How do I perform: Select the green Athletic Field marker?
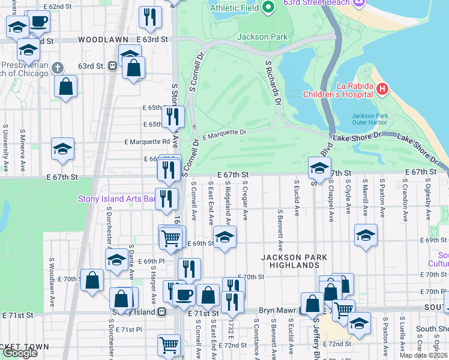point(268,8)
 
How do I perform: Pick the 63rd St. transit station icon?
point(112,65)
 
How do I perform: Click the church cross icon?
point(58,67)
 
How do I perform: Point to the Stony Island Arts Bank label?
point(117,199)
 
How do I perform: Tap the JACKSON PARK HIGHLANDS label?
point(294,262)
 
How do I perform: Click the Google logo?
point(20,352)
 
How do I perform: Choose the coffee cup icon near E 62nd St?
point(39,22)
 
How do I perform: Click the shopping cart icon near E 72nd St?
point(169,345)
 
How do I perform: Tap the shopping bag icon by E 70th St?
point(92,280)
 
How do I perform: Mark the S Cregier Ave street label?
point(246,201)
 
